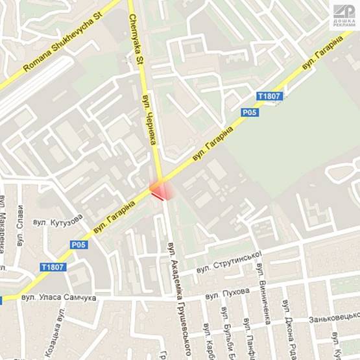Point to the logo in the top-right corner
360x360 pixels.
point(344,15)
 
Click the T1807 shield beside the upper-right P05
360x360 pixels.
point(269,97)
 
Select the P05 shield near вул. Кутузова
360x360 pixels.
point(79,245)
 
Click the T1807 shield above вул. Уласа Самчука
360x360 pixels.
point(53,267)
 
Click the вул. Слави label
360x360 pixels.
point(20,224)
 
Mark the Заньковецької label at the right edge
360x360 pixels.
point(334,318)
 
